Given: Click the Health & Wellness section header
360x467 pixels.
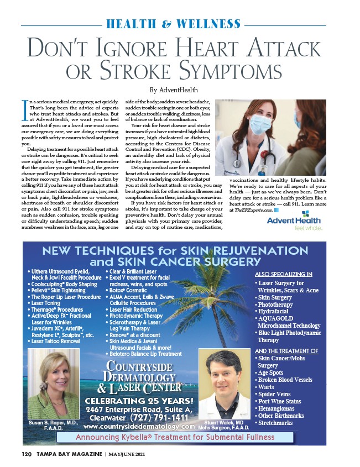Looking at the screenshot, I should pos(174,24).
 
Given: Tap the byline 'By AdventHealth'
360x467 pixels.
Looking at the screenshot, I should pos(174,90).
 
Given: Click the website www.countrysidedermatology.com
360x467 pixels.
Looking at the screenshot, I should pos(139,427).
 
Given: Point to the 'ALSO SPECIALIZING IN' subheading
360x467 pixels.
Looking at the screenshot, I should pos(283,274).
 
